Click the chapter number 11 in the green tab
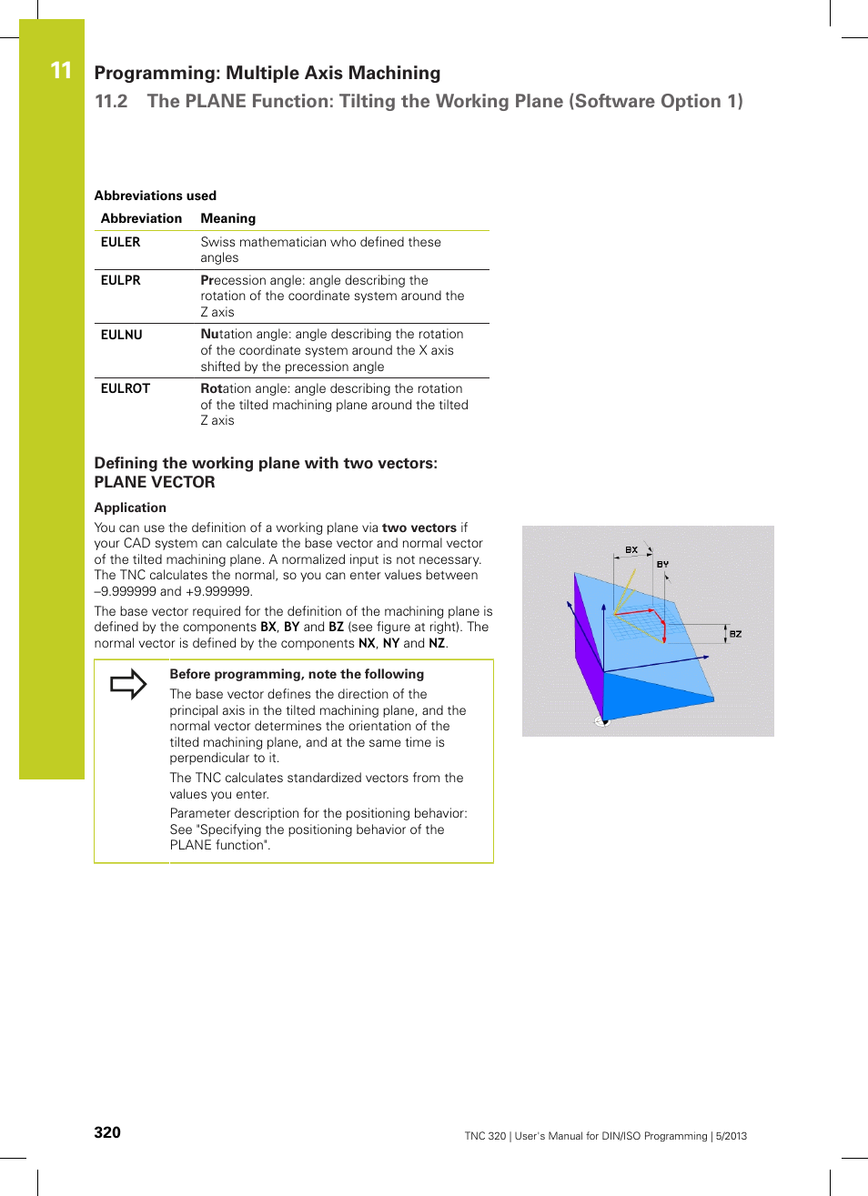point(61,71)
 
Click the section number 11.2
point(111,102)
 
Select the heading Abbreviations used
point(156,196)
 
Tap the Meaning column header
point(227,218)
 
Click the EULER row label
point(120,242)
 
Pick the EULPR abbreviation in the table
point(120,280)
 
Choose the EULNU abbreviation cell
point(121,335)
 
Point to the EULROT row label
point(125,388)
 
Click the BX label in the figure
point(631,550)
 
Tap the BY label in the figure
point(662,564)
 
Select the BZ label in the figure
point(735,634)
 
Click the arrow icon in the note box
point(128,684)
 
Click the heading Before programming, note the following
point(297,674)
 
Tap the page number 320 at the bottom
point(107,1132)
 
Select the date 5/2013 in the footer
point(731,1136)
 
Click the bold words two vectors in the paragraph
point(419,528)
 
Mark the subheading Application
point(130,508)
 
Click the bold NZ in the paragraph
point(437,643)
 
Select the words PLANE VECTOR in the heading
point(155,482)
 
